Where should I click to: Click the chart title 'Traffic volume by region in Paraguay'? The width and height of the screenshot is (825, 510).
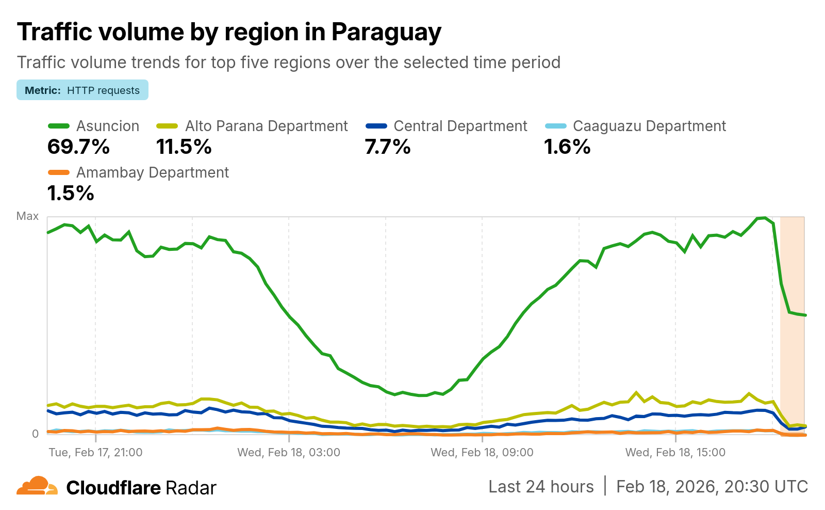(229, 32)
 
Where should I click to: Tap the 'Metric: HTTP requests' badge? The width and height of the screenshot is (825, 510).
(82, 90)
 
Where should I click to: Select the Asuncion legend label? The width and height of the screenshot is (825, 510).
(107, 126)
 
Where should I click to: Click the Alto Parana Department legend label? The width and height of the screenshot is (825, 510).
(266, 126)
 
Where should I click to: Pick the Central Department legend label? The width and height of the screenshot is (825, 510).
(460, 126)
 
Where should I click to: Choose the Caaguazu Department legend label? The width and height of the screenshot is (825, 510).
(649, 126)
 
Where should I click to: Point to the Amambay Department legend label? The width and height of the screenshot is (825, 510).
(152, 173)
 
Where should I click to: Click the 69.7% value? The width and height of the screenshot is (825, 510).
(78, 147)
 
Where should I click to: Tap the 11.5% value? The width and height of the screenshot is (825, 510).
(184, 147)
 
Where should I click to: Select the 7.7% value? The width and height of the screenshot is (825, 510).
(388, 147)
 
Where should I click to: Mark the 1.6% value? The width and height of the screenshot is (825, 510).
(567, 147)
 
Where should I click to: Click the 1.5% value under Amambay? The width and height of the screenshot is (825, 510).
(71, 194)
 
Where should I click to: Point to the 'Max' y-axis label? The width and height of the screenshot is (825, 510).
(27, 216)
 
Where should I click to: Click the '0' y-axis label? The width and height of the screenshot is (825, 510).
(35, 434)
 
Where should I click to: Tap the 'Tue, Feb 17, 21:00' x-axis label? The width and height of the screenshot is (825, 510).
(95, 453)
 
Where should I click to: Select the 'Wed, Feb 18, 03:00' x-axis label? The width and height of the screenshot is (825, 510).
(289, 453)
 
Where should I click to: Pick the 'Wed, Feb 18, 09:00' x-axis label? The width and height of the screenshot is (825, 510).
(482, 453)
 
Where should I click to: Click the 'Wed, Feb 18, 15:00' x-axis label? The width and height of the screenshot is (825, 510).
(675, 453)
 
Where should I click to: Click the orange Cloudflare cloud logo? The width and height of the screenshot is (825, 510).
(37, 486)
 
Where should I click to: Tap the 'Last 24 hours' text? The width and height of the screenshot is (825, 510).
(541, 487)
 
